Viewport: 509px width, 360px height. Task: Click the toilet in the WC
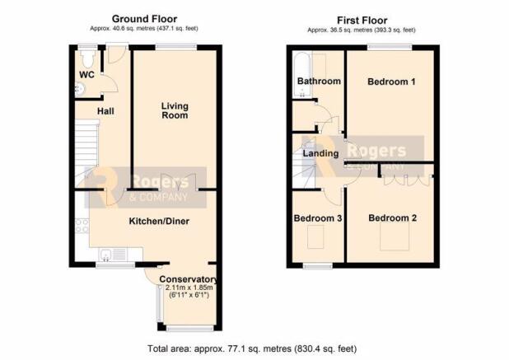pos(86,58)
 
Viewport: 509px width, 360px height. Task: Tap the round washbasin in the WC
pos(79,88)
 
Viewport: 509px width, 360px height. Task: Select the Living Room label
pos(175,110)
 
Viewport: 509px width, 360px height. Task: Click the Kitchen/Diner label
pos(159,221)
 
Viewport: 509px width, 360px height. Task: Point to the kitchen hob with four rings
pos(82,226)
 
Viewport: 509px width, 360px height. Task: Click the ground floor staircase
pos(86,153)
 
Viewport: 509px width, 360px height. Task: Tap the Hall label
pos(105,111)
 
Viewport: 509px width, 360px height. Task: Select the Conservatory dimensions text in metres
pos(189,288)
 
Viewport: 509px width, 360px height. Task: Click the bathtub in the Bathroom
pos(302,75)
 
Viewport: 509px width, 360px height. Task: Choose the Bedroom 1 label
pos(391,82)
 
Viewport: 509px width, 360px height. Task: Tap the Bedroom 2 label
pos(393,217)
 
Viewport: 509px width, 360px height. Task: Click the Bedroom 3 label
pos(317,218)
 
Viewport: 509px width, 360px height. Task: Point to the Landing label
pos(320,153)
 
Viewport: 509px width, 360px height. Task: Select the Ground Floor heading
pos(144,19)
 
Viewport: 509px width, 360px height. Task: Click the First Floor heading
pos(362,21)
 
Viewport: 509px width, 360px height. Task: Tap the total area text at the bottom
pos(252,348)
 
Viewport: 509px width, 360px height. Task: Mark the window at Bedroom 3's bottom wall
pos(318,266)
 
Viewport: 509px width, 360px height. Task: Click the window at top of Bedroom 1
pos(390,48)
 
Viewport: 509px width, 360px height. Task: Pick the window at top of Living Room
pos(176,48)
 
